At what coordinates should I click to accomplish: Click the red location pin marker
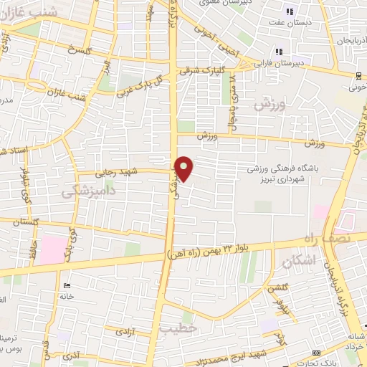pos(185,168)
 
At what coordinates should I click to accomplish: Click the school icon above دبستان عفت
pos(290,11)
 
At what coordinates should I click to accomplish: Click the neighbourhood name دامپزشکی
pos(87,191)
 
